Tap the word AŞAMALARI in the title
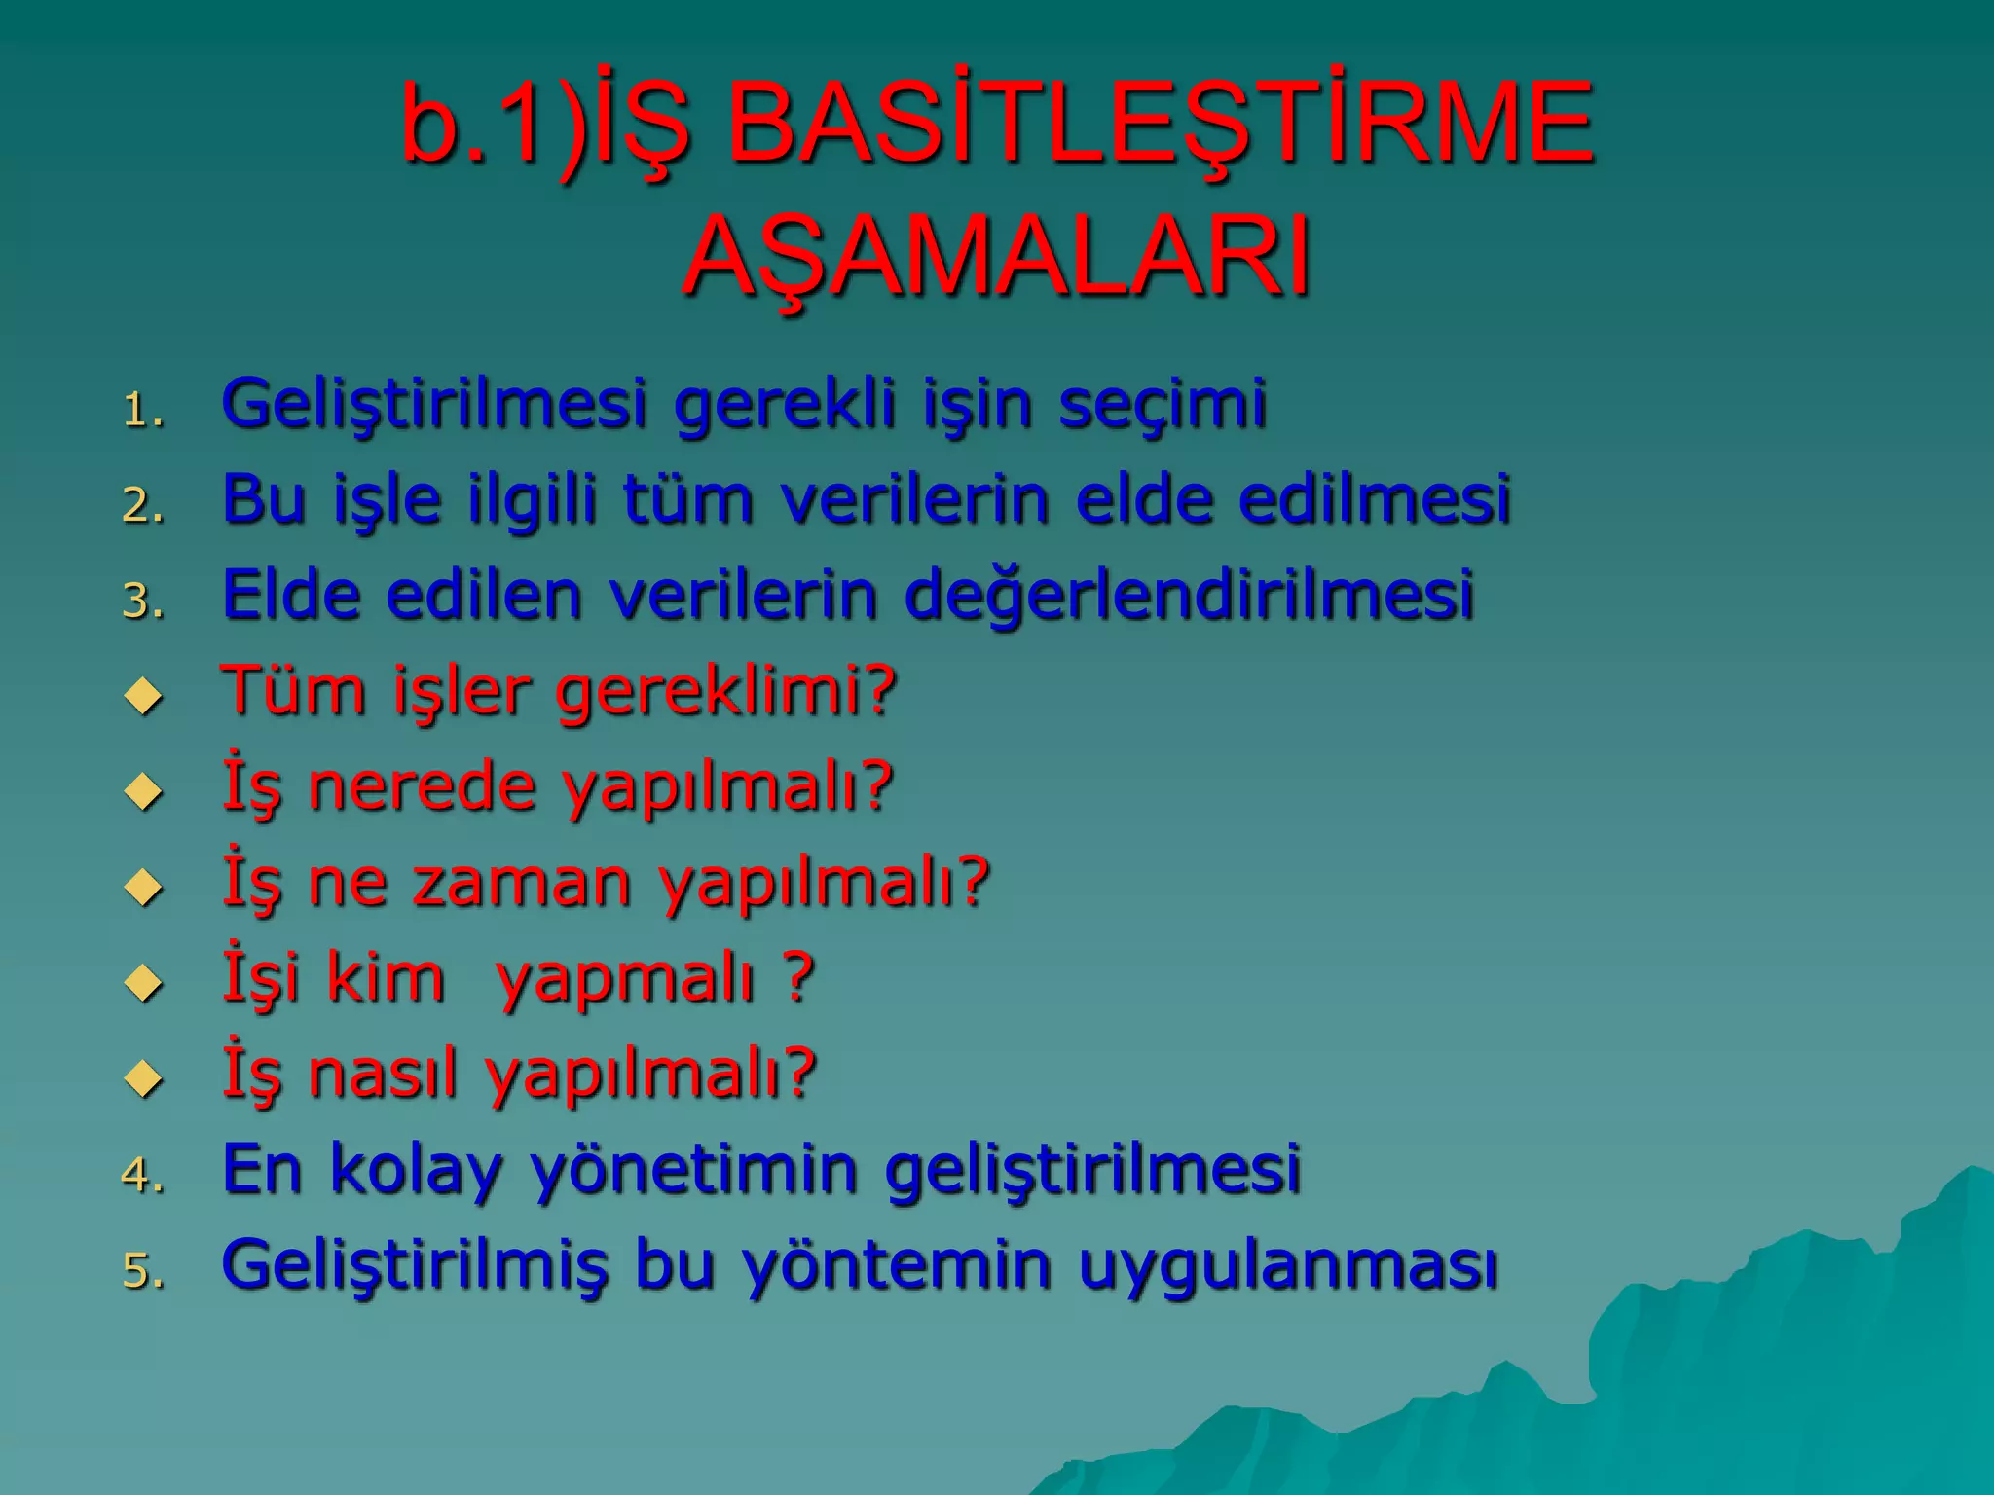click(997, 256)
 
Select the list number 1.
click(142, 411)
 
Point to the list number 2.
click(142, 506)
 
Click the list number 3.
click(142, 602)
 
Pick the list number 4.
click(142, 1175)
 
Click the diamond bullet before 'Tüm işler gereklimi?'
click(144, 696)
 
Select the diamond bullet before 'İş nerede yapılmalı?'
click(144, 791)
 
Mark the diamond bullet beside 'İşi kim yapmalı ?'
click(144, 982)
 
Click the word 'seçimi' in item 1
click(1163, 403)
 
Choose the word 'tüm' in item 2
click(687, 498)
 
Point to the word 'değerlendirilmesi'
click(1189, 596)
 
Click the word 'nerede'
click(422, 786)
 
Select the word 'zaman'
click(522, 883)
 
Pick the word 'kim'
click(386, 977)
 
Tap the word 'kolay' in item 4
click(416, 1169)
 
